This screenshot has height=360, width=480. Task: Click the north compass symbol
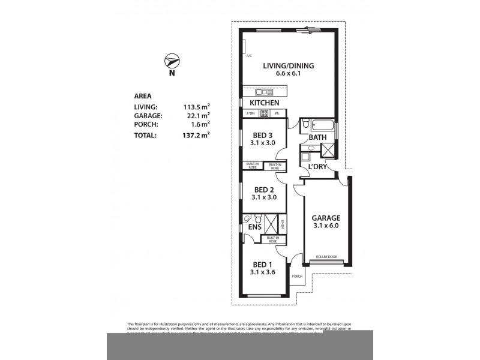[172, 61]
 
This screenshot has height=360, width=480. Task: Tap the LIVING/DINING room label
[288, 66]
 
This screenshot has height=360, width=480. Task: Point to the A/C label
[248, 56]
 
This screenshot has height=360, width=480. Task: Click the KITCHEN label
[265, 103]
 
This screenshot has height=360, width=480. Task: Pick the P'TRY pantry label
[250, 113]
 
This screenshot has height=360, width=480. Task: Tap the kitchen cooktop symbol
[264, 113]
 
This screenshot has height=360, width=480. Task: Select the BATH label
[317, 137]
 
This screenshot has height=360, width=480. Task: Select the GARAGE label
[326, 218]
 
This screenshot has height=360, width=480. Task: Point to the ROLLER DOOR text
[326, 257]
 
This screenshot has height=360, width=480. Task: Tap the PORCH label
[297, 277]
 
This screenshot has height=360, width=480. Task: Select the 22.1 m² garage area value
[197, 116]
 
